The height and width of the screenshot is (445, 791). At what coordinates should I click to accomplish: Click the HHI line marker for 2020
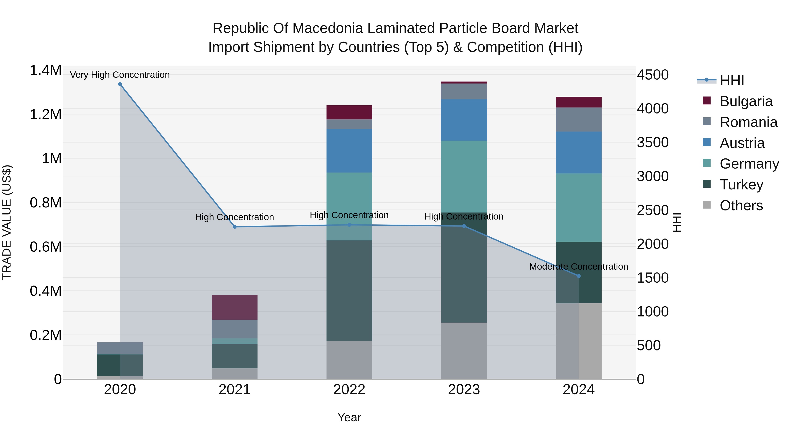[x=120, y=84]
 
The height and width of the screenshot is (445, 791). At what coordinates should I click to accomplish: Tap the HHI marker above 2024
[x=579, y=276]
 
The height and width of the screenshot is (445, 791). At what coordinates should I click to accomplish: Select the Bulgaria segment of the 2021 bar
[x=235, y=307]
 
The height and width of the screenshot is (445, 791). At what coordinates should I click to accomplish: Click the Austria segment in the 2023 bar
[x=464, y=120]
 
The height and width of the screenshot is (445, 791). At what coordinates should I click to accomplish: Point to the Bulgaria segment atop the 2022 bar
[x=349, y=112]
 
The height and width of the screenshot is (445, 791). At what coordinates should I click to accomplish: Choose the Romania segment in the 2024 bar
[x=579, y=120]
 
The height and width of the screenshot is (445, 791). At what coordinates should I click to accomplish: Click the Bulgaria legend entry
[x=746, y=101]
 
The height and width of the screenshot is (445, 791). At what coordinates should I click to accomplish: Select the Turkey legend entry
[x=741, y=185]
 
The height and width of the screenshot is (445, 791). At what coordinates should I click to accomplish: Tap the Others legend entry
[x=741, y=205]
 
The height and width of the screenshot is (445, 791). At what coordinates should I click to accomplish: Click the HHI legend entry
[x=732, y=80]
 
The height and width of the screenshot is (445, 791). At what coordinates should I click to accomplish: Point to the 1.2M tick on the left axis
[x=45, y=114]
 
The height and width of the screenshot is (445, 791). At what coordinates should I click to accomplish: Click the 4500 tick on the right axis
[x=653, y=75]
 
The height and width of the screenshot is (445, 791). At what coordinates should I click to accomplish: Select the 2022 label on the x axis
[x=349, y=390]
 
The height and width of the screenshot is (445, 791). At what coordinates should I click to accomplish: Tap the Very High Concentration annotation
[x=120, y=75]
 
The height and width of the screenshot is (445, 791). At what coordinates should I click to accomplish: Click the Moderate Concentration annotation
[x=579, y=267]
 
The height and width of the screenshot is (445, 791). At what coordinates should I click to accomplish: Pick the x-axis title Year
[x=349, y=417]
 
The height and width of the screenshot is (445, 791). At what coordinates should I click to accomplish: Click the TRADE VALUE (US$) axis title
[x=7, y=222]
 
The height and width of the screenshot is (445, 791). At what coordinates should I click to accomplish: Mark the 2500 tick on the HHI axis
[x=653, y=210]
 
